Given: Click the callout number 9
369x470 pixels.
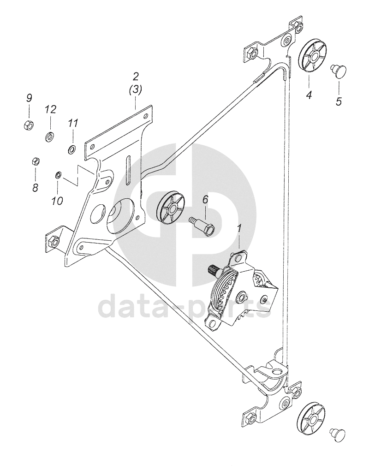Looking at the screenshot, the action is (29, 98).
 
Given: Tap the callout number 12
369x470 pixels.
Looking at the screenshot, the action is (50, 109).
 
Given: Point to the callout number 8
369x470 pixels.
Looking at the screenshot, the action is (35, 187).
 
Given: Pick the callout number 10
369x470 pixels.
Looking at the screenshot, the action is (57, 201).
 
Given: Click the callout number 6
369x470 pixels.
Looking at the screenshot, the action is (205, 200).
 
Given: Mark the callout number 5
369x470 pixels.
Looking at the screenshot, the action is (339, 101).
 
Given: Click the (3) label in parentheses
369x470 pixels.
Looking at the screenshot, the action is (135, 91).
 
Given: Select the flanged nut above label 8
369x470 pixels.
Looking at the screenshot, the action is (35, 161).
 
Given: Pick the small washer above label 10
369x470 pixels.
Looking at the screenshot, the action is (58, 175).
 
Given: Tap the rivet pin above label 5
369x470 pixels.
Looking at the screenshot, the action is (338, 70).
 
